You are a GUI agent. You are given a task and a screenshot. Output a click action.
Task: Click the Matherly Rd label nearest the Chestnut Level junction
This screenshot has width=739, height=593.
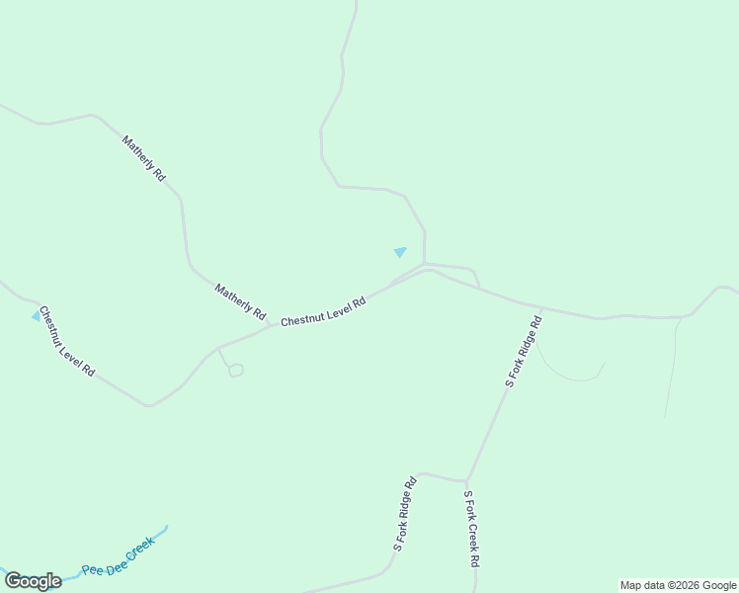(241, 301)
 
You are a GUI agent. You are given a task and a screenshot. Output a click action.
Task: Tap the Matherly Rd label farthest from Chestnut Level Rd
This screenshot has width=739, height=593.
(144, 158)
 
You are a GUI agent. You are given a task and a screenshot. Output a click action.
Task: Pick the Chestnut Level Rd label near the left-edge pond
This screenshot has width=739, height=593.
(67, 341)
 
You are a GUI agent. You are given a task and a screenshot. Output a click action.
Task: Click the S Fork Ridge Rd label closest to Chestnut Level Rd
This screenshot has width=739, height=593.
(524, 350)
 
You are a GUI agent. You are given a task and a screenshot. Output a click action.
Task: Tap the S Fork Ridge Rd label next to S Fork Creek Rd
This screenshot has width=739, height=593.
(406, 513)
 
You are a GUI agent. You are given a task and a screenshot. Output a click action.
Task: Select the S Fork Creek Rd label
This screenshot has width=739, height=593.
(471, 528)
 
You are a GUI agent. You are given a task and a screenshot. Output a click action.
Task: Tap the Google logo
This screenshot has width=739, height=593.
(33, 581)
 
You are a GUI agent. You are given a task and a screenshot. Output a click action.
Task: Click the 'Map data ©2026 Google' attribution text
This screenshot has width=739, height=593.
(678, 585)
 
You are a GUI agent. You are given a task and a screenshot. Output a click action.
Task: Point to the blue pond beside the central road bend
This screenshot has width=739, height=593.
(400, 252)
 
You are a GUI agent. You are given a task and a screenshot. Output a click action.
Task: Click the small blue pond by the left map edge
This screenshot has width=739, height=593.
(37, 315)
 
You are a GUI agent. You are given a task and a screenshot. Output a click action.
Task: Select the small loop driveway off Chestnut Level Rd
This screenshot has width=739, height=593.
(235, 371)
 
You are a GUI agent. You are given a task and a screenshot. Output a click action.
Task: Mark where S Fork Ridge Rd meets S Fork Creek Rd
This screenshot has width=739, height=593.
(466, 481)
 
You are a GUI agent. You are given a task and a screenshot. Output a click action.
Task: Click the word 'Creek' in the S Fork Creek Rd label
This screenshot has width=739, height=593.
(471, 527)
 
